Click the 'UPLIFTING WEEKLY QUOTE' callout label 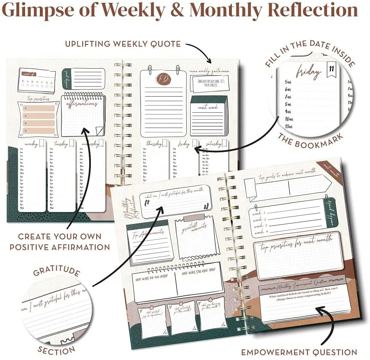coord(123,44)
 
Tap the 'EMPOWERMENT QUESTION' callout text coord(299,352)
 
